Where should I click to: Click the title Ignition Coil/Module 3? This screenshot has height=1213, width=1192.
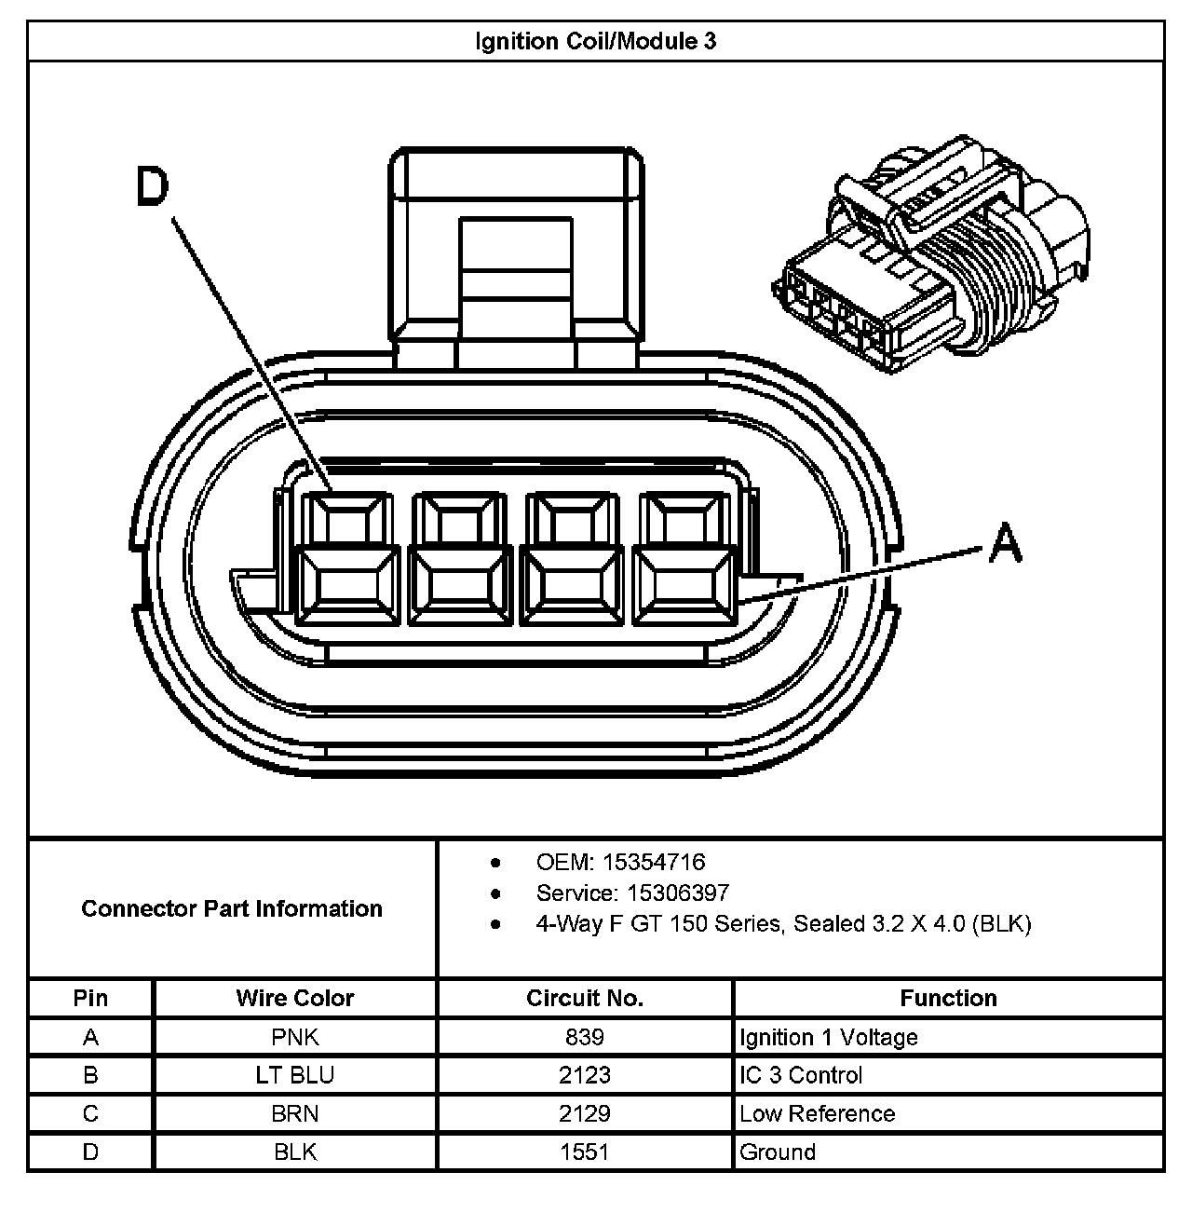595,42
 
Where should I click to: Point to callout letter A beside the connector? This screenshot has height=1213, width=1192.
1005,542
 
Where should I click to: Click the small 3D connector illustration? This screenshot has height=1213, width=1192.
931,256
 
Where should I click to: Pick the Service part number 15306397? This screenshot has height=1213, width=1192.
679,893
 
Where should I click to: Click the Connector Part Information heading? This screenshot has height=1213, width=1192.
232,908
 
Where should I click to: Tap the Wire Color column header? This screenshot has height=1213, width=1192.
295,998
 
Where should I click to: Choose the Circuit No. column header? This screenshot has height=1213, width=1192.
585,998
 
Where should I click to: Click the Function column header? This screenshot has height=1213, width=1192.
948,998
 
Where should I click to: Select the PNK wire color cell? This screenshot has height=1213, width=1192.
295,1037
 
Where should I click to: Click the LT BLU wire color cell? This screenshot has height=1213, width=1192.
295,1075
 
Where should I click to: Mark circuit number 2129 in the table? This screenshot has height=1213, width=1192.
585,1113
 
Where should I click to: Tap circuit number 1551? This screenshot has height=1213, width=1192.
585,1152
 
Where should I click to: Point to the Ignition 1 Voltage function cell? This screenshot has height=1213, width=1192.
829,1037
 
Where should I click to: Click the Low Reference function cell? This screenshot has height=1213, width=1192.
817,1113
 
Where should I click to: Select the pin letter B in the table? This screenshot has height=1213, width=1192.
90,1075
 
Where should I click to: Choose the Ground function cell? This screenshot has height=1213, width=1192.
778,1152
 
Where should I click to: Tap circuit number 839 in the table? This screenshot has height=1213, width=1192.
585,1037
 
